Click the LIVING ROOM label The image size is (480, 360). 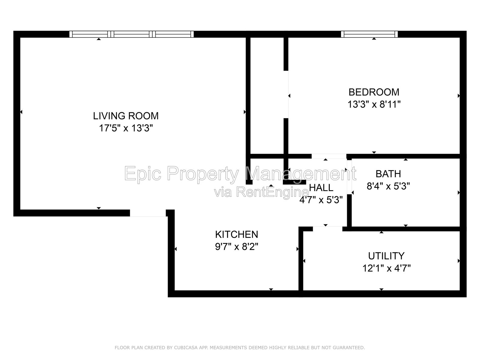[126, 116]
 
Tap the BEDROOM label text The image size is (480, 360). [374, 92]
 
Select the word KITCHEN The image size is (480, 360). [237, 235]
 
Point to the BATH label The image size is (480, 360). [388, 174]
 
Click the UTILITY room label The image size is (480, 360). [386, 256]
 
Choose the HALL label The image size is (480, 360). [321, 187]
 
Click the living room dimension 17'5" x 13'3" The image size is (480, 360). [126, 128]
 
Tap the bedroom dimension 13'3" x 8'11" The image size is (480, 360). [374, 104]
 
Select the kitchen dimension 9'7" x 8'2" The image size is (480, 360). [237, 247]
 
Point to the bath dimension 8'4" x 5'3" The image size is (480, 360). [388, 186]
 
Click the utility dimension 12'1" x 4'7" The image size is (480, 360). [386, 268]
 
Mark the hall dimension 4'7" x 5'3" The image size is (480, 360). [321, 200]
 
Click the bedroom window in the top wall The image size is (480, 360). [369, 34]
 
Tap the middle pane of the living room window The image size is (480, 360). [132, 34]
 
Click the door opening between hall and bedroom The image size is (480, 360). [329, 156]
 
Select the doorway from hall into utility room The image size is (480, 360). [327, 229]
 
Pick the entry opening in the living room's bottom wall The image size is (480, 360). [148, 213]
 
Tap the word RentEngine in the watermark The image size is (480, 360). [272, 193]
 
